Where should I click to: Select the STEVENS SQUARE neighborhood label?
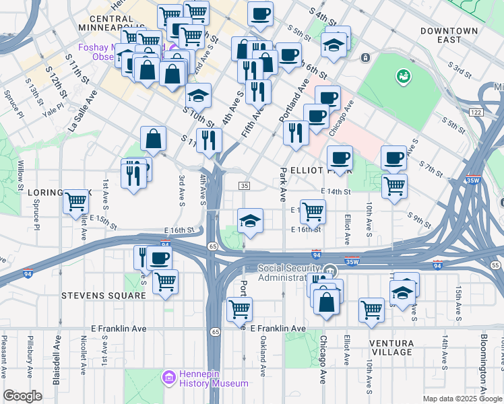click(103, 296)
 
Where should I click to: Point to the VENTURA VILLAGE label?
click(391, 347)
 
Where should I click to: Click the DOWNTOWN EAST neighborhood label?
click(449, 36)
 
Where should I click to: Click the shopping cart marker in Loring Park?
click(77, 201)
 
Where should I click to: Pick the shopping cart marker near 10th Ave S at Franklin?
click(371, 309)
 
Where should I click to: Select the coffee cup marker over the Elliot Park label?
click(340, 158)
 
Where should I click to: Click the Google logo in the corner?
click(23, 396)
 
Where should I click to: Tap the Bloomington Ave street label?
click(484, 364)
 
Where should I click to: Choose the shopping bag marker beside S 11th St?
click(154, 139)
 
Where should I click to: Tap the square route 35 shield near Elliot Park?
click(245, 186)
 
